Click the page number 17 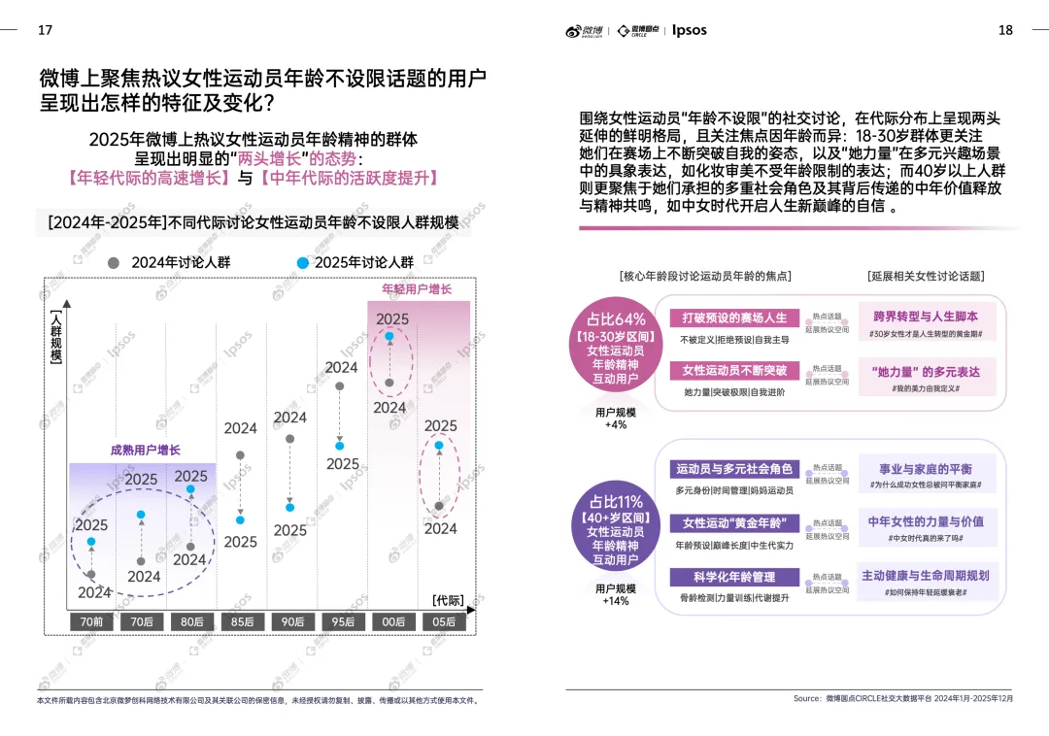click(x=45, y=30)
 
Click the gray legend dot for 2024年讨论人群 click(x=114, y=262)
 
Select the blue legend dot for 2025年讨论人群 click(x=303, y=262)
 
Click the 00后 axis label click(x=391, y=621)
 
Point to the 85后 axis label click(x=241, y=621)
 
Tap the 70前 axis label click(x=91, y=621)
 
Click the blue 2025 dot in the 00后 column click(x=389, y=337)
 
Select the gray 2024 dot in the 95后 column click(x=340, y=386)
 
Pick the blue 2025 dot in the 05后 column click(x=439, y=446)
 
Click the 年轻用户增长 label click(x=417, y=289)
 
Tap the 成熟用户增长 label click(x=145, y=451)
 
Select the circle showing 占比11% click(x=616, y=530)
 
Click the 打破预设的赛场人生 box click(x=733, y=318)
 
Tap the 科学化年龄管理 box click(x=733, y=578)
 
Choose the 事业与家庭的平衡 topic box click(x=925, y=469)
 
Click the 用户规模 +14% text click(x=616, y=594)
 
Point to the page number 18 click(x=1005, y=30)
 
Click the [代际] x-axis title click(x=448, y=600)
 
